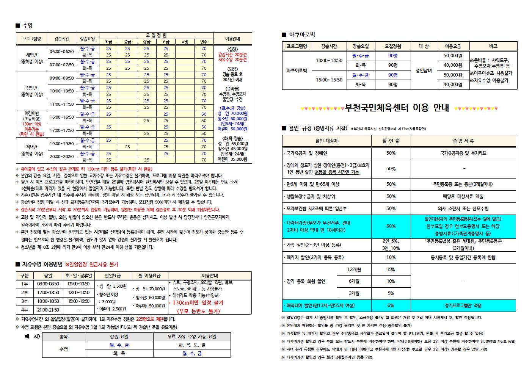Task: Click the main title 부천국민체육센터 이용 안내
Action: pos(397,108)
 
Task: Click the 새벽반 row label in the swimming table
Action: pos(32,55)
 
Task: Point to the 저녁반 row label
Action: pos(32,147)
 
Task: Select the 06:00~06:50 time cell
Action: pos(62,52)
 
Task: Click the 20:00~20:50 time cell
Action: pos(62,157)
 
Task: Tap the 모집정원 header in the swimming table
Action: pos(156,36)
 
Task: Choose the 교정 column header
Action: pos(185,42)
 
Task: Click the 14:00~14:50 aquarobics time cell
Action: pos(329,61)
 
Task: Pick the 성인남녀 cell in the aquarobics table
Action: pos(424,70)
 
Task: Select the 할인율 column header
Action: pos(391,141)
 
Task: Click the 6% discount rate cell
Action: pos(391,305)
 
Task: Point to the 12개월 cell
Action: pos(354,269)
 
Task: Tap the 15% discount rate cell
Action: pos(391,269)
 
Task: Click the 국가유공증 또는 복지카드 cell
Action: pos(463,153)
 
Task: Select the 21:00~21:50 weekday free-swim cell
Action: pos(48,310)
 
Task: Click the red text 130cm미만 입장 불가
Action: pos(198,303)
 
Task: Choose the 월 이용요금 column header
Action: pos(149,276)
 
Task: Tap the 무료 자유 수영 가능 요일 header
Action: pos(192,337)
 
